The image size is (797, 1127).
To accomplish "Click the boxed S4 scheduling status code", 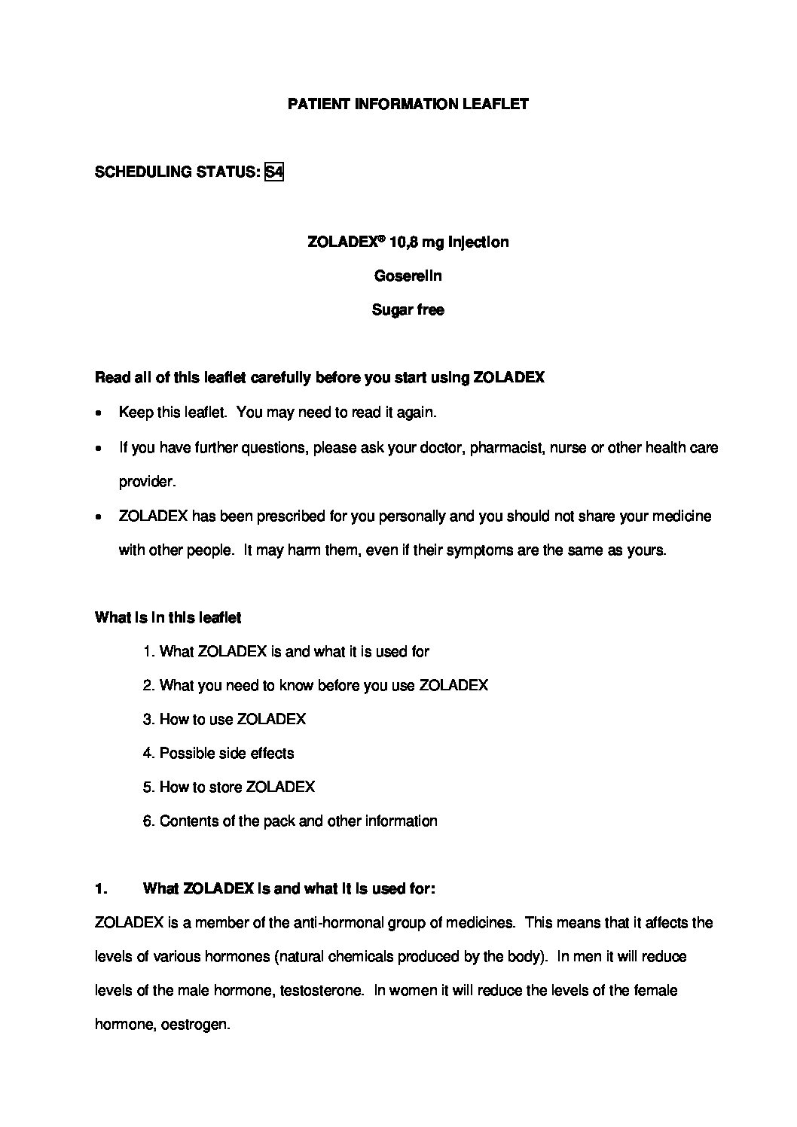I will [274, 172].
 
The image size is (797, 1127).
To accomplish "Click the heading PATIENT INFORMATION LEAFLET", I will [408, 105].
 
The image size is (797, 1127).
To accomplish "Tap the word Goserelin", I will [408, 276].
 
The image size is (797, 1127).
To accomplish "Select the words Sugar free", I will [408, 310].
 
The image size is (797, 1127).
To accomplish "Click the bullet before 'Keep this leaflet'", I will [99, 413].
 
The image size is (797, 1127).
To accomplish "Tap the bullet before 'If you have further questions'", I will [99, 449].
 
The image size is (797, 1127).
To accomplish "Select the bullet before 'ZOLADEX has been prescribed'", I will [99, 517].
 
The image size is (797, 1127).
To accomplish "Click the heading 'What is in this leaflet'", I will [168, 618].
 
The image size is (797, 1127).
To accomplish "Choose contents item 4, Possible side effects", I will [218, 754].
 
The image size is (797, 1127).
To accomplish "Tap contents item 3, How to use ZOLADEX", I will [224, 720].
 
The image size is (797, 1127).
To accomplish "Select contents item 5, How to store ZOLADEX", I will [229, 787].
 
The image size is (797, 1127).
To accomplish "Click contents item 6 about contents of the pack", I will [290, 821].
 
